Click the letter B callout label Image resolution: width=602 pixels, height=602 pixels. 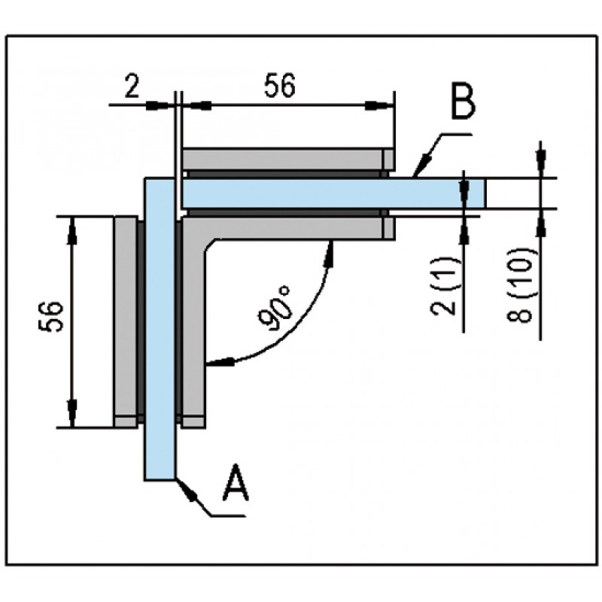pyautogui.click(x=463, y=102)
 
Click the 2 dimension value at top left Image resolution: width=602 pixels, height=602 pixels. pyautogui.click(x=131, y=88)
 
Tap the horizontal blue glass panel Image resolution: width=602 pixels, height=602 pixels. pyautogui.click(x=316, y=193)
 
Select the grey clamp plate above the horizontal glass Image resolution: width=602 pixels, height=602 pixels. pyautogui.click(x=286, y=159)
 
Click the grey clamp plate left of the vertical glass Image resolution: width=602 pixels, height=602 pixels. pyautogui.click(x=124, y=320)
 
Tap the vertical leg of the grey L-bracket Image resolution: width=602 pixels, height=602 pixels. pyautogui.click(x=193, y=331)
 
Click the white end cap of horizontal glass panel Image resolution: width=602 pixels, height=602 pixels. pyautogui.click(x=475, y=193)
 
